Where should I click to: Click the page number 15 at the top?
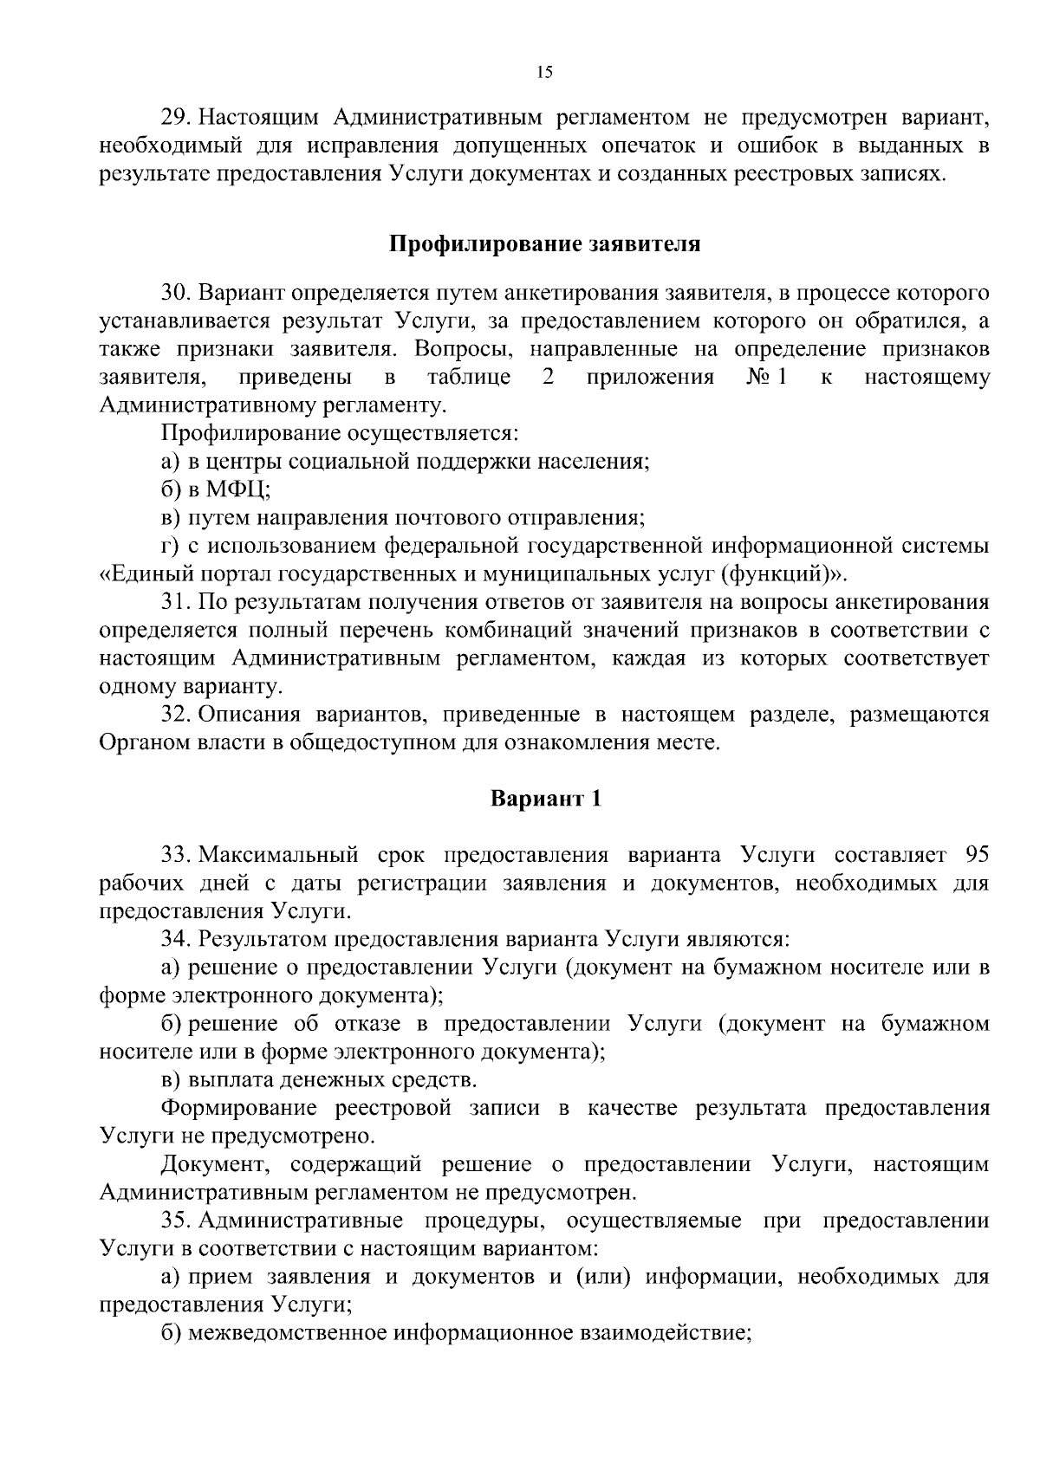click(x=544, y=73)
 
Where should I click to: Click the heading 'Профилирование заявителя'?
click(x=543, y=243)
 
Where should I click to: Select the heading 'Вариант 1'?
click(x=545, y=798)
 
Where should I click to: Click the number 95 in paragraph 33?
click(x=976, y=856)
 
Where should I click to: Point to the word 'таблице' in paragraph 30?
click(x=469, y=378)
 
